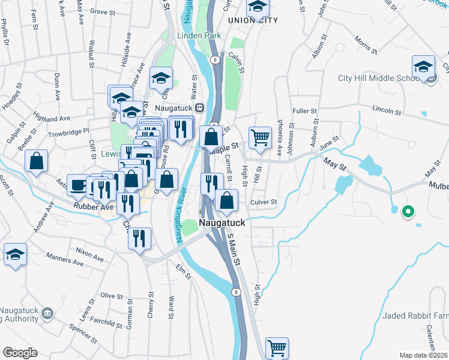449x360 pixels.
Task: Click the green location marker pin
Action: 408,212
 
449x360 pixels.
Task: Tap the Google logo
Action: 20,353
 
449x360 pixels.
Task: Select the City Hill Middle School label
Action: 378,78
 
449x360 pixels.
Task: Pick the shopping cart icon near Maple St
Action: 260,137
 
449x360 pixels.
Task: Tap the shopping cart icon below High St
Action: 277,347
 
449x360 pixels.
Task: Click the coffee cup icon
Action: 77,185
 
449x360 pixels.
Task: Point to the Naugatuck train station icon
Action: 200,107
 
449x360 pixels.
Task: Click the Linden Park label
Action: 199,36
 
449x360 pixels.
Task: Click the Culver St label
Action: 263,202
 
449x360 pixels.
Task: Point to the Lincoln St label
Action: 386,110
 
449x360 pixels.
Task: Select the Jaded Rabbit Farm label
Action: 415,316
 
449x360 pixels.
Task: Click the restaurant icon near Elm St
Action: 139,238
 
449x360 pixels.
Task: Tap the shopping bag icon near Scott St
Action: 36,161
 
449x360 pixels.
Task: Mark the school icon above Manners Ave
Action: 15,254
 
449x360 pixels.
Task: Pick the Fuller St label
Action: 304,111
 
